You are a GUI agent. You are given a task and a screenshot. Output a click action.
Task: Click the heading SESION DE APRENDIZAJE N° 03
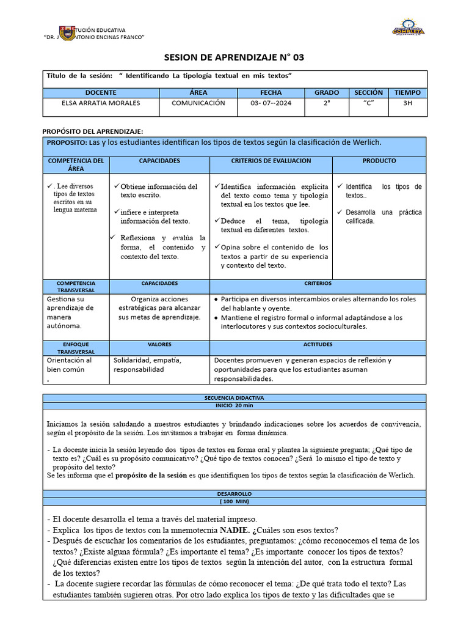coord(234,57)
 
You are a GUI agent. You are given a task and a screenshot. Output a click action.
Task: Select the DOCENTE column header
coord(100,92)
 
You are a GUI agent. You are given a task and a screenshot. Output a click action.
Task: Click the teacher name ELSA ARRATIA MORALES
coord(101,103)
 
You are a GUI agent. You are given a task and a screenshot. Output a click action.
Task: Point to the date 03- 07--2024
coord(271,103)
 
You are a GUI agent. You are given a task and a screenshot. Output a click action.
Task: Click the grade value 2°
coord(327,103)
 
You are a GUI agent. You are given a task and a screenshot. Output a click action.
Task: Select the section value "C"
coord(368,103)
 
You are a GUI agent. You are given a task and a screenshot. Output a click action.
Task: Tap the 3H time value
coord(407,103)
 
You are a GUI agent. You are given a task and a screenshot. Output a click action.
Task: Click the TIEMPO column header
coord(407,92)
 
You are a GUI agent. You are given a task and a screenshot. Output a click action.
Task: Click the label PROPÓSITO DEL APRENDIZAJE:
coord(92,131)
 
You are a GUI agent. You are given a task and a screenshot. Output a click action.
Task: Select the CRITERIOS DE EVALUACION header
coord(271,161)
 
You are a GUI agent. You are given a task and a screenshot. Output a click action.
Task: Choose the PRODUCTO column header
coord(379,161)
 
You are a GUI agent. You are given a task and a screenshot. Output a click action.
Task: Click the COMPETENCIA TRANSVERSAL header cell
coord(76,287)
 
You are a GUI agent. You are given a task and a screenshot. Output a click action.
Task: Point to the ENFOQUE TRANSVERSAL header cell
coord(76,348)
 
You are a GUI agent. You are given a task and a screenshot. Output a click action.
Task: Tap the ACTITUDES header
coord(318,344)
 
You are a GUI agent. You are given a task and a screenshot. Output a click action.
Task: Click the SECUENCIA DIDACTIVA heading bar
coord(234,397)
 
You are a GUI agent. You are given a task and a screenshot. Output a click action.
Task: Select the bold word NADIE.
coord(234,530)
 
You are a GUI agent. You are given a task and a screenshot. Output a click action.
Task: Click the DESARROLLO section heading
coord(234,493)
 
